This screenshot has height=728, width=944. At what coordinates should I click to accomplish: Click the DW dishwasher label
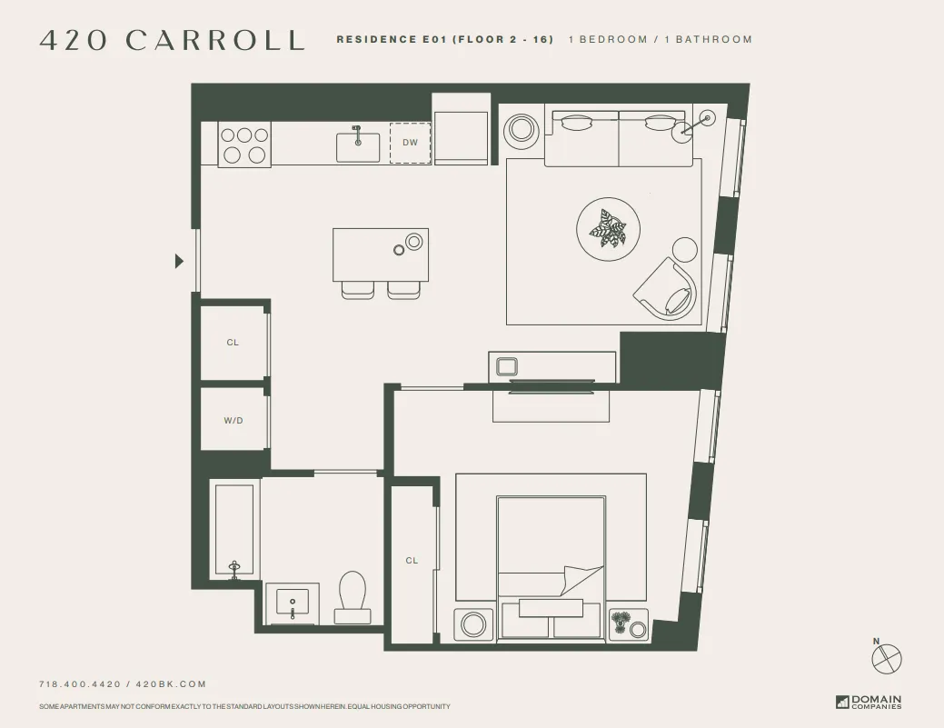click(x=411, y=143)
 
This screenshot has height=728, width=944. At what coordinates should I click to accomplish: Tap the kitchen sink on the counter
click(x=358, y=145)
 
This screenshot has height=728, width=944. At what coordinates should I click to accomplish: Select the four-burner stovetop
click(x=244, y=145)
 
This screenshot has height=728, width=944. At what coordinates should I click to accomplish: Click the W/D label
click(x=234, y=421)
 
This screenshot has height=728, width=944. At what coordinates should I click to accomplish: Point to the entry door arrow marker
click(x=179, y=262)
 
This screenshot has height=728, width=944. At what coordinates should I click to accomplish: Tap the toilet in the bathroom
click(x=353, y=596)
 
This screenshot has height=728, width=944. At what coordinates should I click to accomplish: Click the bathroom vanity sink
click(x=293, y=603)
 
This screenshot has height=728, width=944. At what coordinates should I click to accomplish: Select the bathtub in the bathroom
click(x=234, y=529)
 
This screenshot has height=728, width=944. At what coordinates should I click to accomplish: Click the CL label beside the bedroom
click(x=412, y=561)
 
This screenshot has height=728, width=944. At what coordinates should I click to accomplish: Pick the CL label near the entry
click(x=233, y=343)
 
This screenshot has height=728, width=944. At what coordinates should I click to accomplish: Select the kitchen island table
click(x=380, y=254)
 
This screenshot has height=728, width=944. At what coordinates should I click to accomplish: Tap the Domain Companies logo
click(x=869, y=702)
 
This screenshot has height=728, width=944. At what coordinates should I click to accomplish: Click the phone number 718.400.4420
click(x=80, y=684)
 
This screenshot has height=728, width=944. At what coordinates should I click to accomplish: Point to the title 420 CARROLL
click(x=172, y=40)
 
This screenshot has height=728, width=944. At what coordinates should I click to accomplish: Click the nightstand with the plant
click(x=628, y=624)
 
